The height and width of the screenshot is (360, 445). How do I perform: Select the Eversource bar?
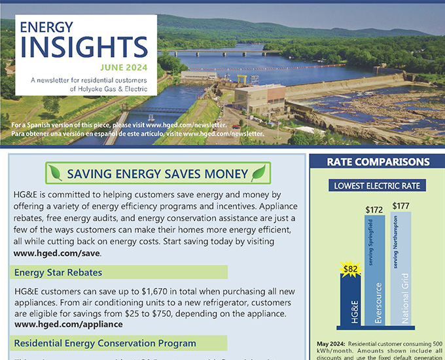point(375,272)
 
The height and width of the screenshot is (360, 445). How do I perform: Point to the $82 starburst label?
point(351,267)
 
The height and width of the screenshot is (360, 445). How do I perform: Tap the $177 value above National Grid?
point(400,206)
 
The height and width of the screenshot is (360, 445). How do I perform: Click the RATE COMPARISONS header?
point(378,162)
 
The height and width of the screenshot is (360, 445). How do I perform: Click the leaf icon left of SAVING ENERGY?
point(56,173)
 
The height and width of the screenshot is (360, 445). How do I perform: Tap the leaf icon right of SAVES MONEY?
point(259,173)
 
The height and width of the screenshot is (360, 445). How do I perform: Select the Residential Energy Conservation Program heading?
point(105,343)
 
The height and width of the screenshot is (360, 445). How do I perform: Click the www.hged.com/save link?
point(57,253)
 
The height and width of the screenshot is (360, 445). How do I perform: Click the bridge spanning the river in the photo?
point(222,52)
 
